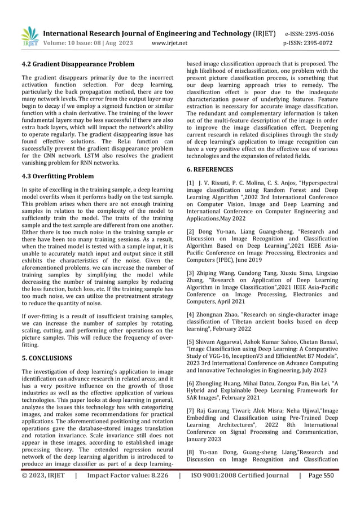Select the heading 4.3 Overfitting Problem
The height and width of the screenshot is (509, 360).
pos(58,176)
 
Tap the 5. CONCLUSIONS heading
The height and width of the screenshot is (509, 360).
pos(46,358)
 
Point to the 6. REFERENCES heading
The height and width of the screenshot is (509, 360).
pos(210,169)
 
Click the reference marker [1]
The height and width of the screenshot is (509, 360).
pos(190,183)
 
